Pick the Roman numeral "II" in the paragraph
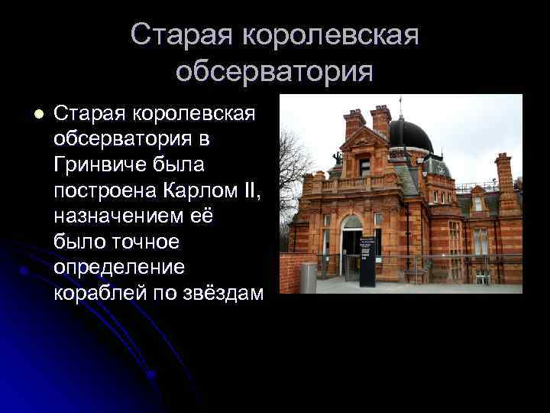coord(251,187)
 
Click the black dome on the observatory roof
coord(410,135)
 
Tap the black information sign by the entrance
coord(367,260)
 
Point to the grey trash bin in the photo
coord(308,276)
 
